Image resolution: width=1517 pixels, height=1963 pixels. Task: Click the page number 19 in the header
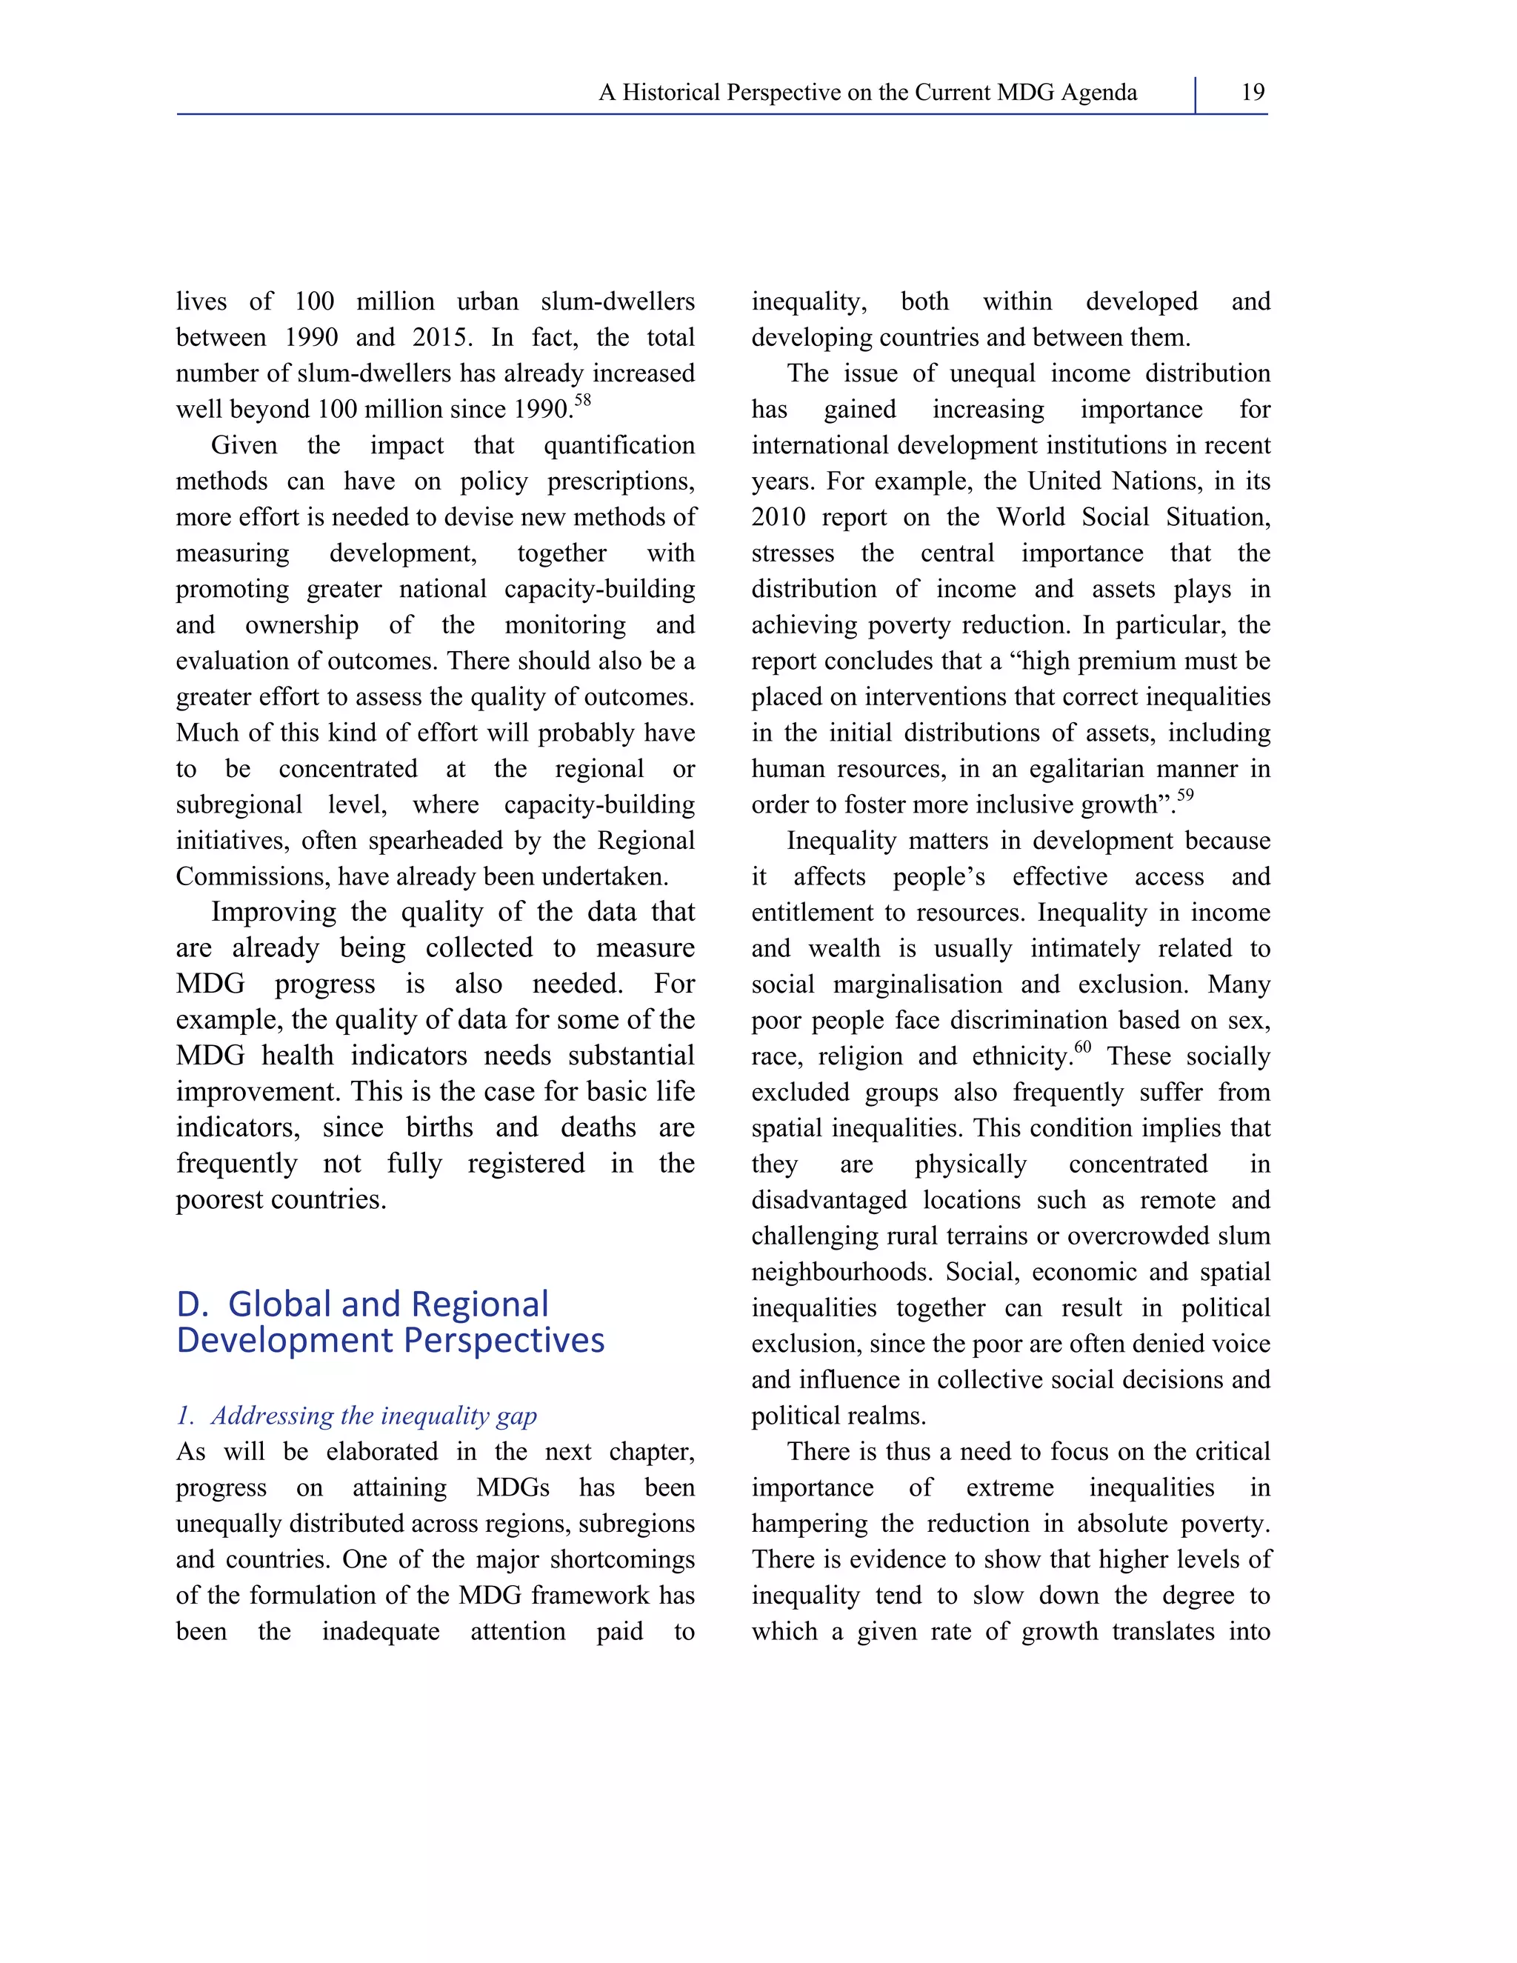pyautogui.click(x=1252, y=92)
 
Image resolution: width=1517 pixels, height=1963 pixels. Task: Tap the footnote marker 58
pyautogui.click(x=582, y=401)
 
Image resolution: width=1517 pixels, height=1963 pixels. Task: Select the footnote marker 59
pyautogui.click(x=1185, y=796)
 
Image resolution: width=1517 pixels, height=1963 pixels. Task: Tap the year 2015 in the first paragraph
pyautogui.click(x=441, y=338)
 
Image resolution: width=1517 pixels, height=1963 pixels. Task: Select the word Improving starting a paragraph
pyautogui.click(x=274, y=913)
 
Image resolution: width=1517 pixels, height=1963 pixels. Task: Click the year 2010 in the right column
pyautogui.click(x=778, y=518)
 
